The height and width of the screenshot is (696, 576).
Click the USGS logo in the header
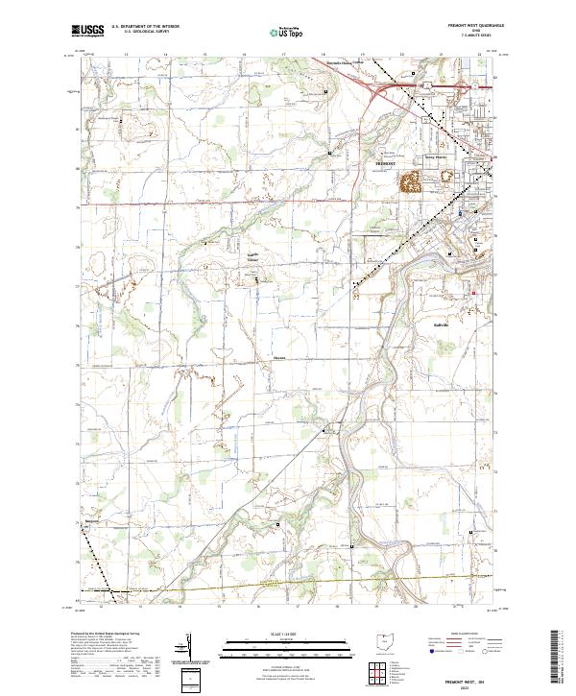pos(87,31)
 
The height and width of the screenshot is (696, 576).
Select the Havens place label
pos(279,359)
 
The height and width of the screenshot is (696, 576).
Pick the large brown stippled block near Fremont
pos(410,182)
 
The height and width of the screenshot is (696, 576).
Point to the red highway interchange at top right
pos(379,88)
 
